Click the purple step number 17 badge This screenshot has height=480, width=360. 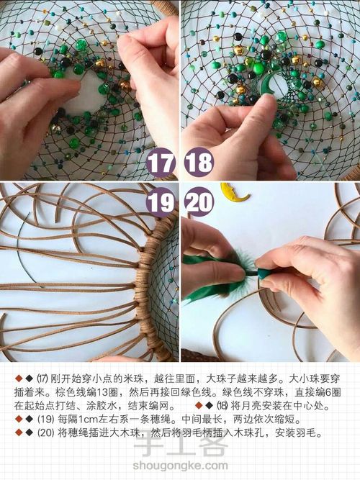tap(160, 163)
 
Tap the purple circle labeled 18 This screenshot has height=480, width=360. tap(199, 163)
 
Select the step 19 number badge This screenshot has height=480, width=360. tap(160, 201)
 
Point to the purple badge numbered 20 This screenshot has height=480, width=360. tap(199, 201)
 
